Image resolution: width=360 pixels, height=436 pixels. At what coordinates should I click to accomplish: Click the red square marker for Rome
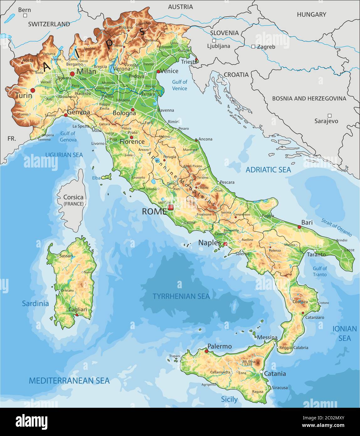point(170,207)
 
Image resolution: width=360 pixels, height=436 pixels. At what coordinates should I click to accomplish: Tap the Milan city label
point(86,71)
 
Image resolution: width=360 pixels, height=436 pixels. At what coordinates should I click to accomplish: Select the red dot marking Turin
point(33,90)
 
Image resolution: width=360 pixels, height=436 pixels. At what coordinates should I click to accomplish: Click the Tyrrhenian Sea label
point(181,296)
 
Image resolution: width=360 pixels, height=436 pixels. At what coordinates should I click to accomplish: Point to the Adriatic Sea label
point(268,170)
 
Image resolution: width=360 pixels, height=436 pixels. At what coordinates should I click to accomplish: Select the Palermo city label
point(220,346)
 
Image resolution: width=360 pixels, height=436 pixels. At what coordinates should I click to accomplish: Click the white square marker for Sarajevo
point(329,115)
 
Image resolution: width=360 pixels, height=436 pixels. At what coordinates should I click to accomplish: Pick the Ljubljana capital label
point(219,46)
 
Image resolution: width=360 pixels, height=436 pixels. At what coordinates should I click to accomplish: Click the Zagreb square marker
point(253,47)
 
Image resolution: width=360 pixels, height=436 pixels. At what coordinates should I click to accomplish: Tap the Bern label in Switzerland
point(24,10)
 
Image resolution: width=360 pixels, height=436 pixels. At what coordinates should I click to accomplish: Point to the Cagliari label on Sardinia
point(78,310)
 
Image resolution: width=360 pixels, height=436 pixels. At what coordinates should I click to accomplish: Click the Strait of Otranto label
point(336,227)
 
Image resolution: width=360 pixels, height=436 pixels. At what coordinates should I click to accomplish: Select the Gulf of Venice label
point(180,85)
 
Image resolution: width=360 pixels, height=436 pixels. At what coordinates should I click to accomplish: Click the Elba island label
point(96,178)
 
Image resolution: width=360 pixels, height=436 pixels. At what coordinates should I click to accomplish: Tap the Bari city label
point(307,222)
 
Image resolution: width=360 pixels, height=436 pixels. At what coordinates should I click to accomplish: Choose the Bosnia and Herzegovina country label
point(309,98)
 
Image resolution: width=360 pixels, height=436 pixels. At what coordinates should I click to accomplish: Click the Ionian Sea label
point(344,333)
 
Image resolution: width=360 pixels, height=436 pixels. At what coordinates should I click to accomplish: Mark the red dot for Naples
point(225,244)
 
